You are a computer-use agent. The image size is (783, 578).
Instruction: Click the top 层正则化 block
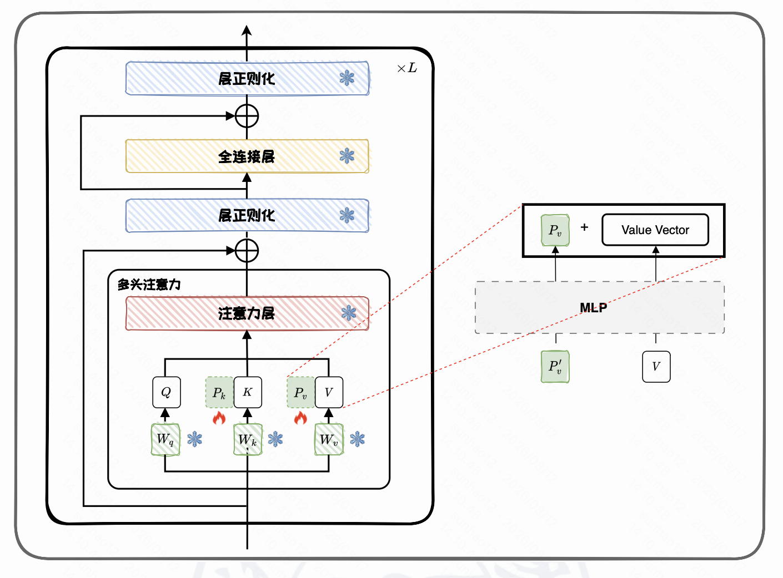coord(247,78)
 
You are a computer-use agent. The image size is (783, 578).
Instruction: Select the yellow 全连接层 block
coord(247,156)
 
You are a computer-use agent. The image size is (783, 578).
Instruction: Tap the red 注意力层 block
coord(247,313)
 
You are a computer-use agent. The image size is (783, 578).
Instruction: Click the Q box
coord(165,392)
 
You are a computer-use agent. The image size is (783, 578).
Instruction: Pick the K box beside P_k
coord(248,392)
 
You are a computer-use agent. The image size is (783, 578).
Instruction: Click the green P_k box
coord(219,393)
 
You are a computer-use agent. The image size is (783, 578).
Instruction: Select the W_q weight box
coord(165,439)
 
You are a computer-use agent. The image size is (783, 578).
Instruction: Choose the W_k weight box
coord(248,440)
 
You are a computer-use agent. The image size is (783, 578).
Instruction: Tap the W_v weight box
coord(329,439)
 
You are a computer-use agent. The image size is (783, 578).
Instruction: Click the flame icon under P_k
coord(219,418)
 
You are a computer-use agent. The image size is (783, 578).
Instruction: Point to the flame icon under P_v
coord(300,418)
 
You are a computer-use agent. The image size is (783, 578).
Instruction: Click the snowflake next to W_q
coord(195,439)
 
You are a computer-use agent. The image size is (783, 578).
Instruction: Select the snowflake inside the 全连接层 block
coord(347,156)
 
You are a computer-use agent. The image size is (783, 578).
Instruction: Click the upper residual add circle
coord(247,116)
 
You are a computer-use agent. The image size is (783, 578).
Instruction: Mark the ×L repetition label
coord(406,68)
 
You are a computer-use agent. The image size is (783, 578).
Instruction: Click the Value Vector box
coord(655,230)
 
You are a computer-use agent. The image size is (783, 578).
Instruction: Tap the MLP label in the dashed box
coord(593,308)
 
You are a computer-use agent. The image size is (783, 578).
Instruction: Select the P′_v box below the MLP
coord(555,367)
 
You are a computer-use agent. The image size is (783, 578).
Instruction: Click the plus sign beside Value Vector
coord(584,227)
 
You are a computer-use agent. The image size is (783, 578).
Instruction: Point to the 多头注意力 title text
coord(149,285)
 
